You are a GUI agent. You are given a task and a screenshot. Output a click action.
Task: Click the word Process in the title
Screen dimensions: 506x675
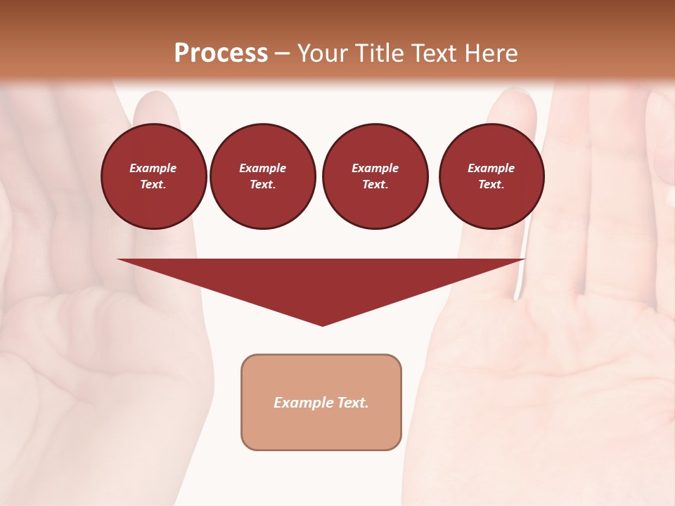[221, 53]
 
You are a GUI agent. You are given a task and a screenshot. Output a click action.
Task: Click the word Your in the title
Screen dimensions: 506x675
[323, 53]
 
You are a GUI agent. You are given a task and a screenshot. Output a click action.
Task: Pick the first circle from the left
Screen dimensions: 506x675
[154, 176]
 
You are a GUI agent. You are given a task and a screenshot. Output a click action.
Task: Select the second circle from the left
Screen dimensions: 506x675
[263, 176]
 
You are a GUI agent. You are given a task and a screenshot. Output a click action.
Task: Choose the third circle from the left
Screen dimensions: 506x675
[375, 176]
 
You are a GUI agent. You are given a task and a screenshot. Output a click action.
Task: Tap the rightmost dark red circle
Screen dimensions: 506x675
[491, 176]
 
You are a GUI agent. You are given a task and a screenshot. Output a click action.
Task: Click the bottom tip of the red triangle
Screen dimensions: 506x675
[322, 324]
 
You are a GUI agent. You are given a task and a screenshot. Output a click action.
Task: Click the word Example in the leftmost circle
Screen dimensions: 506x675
[153, 169]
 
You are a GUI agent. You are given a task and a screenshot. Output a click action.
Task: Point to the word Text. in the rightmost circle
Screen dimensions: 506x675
[491, 185]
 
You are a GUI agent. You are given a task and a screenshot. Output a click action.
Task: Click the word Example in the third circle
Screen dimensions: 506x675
[375, 169]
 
